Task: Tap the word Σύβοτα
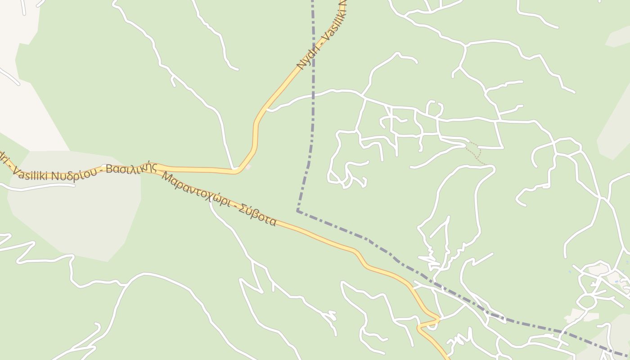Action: pyautogui.click(x=257, y=215)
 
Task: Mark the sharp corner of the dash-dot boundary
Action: pyautogui.click(x=297, y=210)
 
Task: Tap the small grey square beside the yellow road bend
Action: pyautogui.click(x=247, y=167)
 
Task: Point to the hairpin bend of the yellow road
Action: pyautogui.click(x=437, y=319)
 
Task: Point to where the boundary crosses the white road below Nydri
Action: pyautogui.click(x=313, y=95)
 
